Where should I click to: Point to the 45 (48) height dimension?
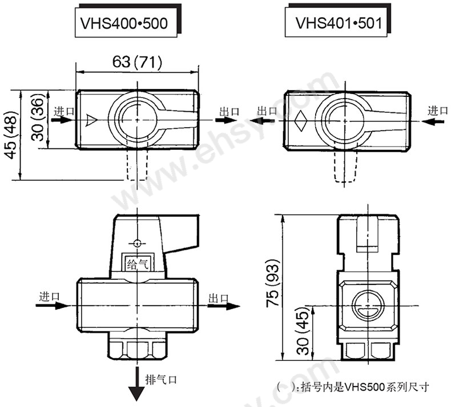10,135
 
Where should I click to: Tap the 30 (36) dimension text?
37,120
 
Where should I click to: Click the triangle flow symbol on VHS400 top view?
91,120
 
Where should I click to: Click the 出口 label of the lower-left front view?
218,298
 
